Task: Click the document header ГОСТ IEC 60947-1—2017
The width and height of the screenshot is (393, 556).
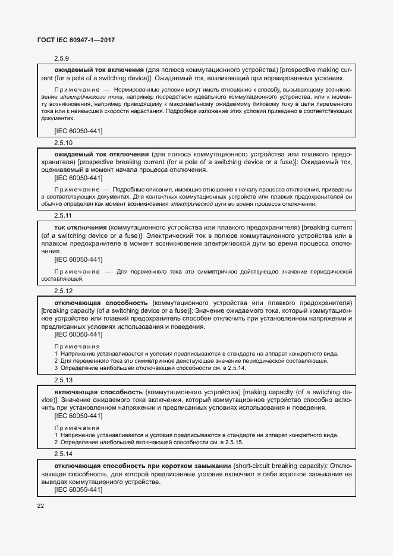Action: click(76, 40)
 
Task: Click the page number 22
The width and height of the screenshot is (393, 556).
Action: click(40, 505)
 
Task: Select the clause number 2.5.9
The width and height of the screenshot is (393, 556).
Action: click(62, 59)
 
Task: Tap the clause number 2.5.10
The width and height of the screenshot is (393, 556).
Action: click(63, 143)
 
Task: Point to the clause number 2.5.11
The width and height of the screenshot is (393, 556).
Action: click(63, 216)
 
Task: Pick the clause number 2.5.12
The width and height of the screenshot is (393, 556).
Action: click(63, 291)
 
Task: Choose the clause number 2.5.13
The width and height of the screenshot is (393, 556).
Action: click(63, 380)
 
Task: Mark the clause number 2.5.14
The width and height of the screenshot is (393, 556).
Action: click(63, 453)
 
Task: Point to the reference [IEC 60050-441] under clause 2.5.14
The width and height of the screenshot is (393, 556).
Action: click(78, 489)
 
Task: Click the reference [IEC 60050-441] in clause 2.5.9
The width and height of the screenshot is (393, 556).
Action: click(78, 130)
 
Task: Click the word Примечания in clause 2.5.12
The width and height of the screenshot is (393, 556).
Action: click(77, 346)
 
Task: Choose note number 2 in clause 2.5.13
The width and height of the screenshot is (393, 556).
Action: click(56, 442)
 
